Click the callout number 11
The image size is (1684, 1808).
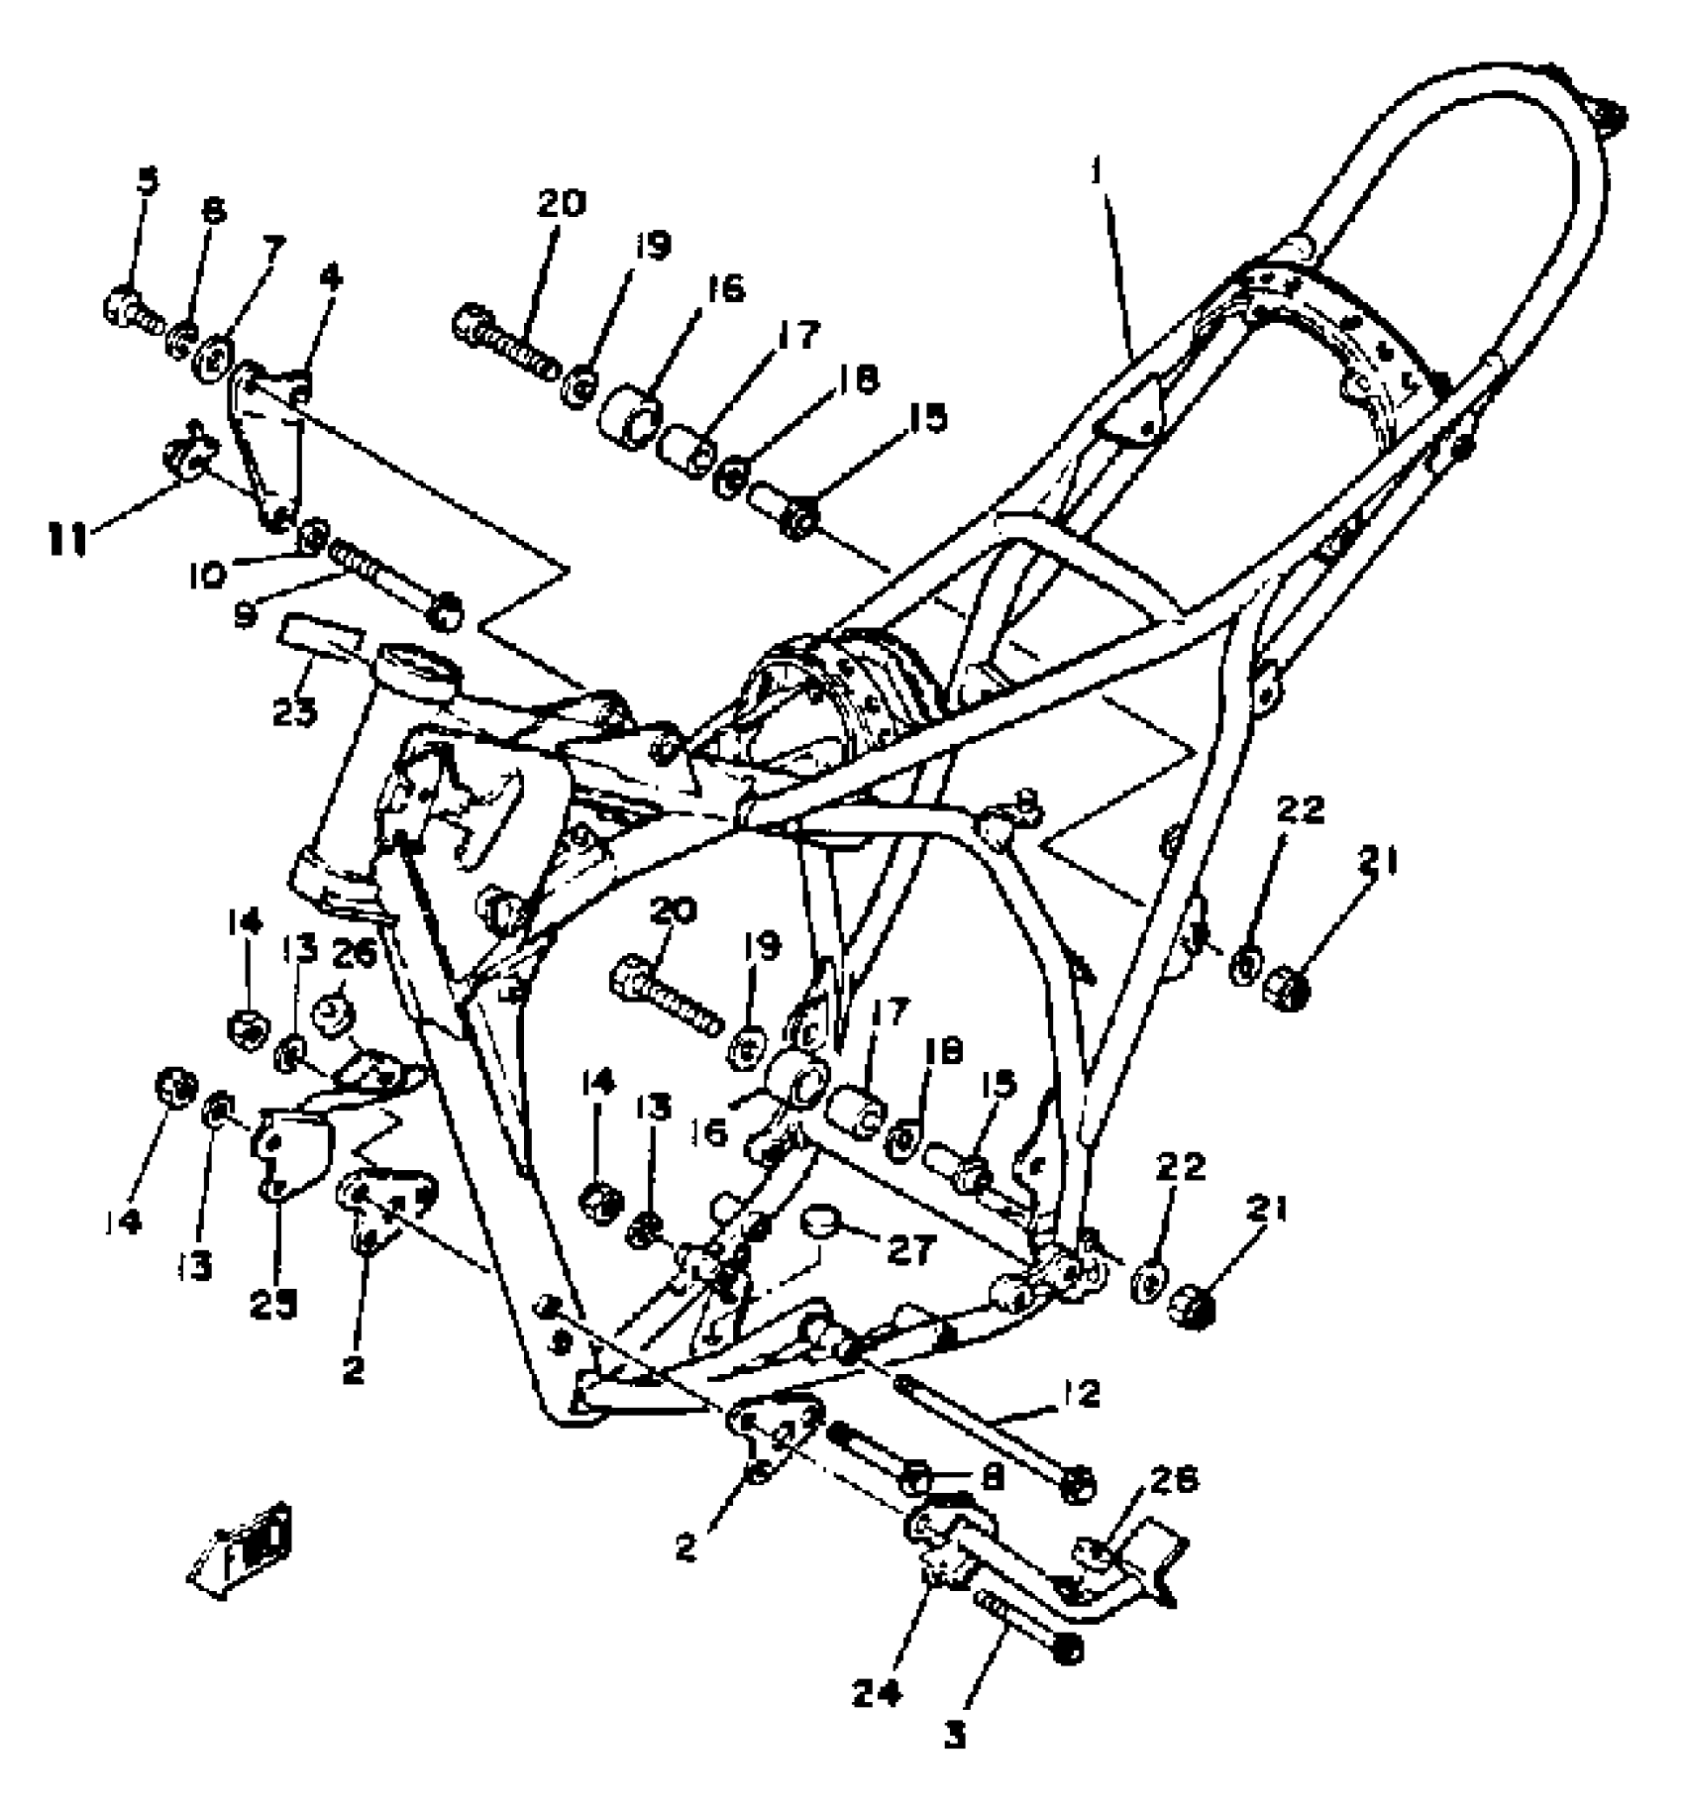point(71,540)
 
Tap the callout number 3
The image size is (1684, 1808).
point(955,1736)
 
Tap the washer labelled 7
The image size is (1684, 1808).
point(214,356)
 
